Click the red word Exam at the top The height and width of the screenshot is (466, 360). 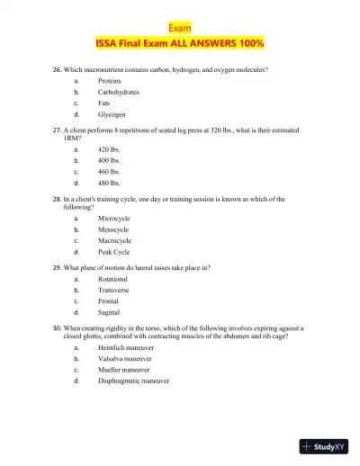[x=180, y=28]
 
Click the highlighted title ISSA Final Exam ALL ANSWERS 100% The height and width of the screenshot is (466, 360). [x=180, y=43]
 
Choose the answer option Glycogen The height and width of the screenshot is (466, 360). [x=112, y=115]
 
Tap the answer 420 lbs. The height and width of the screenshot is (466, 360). [x=109, y=148]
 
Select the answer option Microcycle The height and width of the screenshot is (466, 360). [x=114, y=218]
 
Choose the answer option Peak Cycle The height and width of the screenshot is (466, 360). [x=114, y=252]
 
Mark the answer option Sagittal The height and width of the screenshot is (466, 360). [x=109, y=313]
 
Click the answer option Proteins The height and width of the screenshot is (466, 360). [x=111, y=81]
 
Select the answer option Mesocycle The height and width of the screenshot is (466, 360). [x=114, y=229]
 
